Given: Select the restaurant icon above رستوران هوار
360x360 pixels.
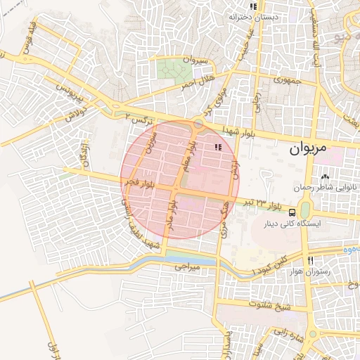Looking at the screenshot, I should [x=310, y=260].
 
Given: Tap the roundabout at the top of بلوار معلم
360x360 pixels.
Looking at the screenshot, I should [x=199, y=124].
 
